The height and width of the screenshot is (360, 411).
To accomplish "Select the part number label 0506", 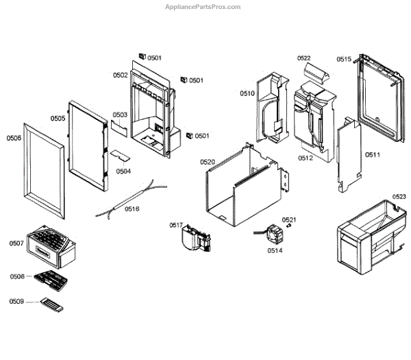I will point(14,138).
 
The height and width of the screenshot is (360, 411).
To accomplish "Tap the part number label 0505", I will point(58,119).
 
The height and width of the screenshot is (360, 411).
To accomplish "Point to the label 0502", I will point(121,75).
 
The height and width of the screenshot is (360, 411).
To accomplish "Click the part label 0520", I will point(207,162).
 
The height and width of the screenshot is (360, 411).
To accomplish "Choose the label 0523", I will point(399,197).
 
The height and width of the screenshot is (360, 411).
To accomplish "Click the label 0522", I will point(303,58).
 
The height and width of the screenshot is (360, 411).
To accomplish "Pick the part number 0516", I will point(132,208).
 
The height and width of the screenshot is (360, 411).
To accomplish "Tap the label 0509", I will point(16,301).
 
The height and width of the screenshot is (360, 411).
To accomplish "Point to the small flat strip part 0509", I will point(52,304).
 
